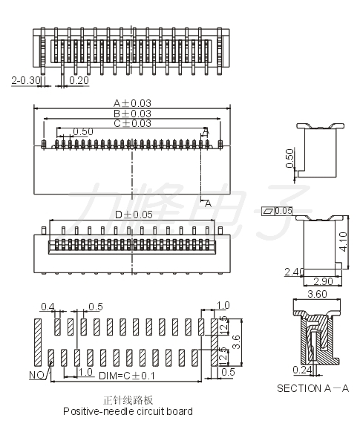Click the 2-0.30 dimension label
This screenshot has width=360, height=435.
26,80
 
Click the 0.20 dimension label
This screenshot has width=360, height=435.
79,80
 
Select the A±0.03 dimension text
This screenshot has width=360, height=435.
132,103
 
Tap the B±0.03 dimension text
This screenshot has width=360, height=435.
132,114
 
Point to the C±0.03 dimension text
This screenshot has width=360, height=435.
132,123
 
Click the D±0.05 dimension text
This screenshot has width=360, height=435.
134,215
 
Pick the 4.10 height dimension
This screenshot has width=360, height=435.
343,242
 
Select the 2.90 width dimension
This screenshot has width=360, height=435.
323,281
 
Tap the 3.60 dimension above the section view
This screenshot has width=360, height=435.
317,294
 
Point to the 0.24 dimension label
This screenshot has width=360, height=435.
302,370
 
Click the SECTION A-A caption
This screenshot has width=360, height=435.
312,388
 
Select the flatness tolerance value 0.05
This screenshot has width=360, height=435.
284,211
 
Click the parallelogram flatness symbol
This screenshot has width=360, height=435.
268,212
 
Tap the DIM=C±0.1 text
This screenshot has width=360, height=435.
127,376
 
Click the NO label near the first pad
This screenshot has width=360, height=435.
36,376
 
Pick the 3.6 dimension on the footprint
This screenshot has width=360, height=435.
236,341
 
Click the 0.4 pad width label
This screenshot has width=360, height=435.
48,307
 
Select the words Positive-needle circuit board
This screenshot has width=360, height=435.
128,411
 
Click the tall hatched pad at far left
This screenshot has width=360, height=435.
38,342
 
